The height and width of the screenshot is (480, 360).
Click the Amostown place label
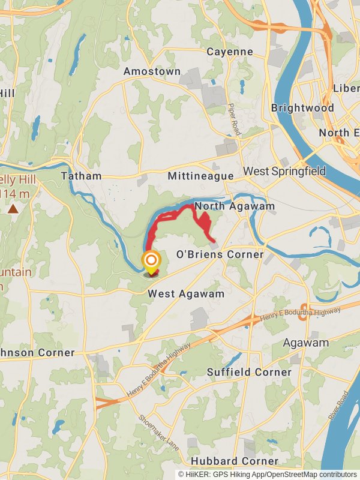[152, 71]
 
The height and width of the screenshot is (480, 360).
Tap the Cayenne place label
[230, 52]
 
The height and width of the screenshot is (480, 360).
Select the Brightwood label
[302, 108]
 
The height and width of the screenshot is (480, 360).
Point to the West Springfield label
[284, 172]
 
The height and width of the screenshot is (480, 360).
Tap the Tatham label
[81, 176]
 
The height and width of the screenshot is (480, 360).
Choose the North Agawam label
[235, 206]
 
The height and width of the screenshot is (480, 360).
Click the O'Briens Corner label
[219, 254]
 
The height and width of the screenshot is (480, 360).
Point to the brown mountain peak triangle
[13, 209]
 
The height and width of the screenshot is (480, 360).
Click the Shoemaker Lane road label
[158, 433]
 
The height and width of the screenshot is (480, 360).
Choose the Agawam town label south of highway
[306, 343]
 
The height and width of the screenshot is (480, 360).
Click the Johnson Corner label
[36, 353]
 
